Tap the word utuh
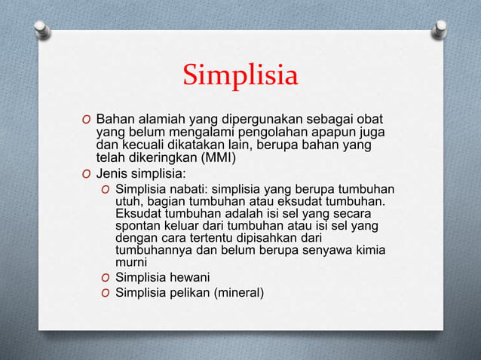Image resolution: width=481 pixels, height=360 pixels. point(127,202)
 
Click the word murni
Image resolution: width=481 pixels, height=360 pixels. point(130,265)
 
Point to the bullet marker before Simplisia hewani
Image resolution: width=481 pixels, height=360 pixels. point(106,279)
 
